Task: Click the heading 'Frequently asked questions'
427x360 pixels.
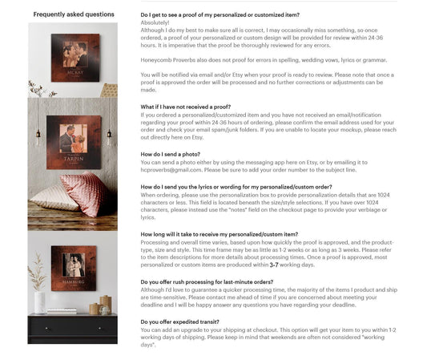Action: tap(74, 14)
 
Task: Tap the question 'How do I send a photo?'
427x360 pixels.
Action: tap(170, 154)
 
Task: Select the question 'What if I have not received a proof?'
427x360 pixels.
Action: tap(185, 107)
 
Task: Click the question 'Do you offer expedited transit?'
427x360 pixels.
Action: tap(179, 322)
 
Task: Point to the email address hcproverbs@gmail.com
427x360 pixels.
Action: tap(171, 170)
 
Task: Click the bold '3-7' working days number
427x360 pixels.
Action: tap(274, 265)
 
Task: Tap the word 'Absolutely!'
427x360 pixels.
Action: tap(155, 22)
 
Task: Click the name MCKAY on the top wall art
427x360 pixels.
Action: tap(75, 72)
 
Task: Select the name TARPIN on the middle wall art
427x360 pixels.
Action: tap(74, 159)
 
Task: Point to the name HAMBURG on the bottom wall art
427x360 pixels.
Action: tap(74, 281)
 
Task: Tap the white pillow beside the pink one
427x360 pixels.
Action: tap(52, 197)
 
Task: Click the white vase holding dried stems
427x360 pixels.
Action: tap(40, 303)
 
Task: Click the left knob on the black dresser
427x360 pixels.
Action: tap(46, 329)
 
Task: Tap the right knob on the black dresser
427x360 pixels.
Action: tap(99, 329)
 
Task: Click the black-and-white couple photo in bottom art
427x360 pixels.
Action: tap(74, 265)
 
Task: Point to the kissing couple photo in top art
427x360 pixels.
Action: tap(75, 55)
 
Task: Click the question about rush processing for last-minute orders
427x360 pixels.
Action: tap(207, 282)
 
